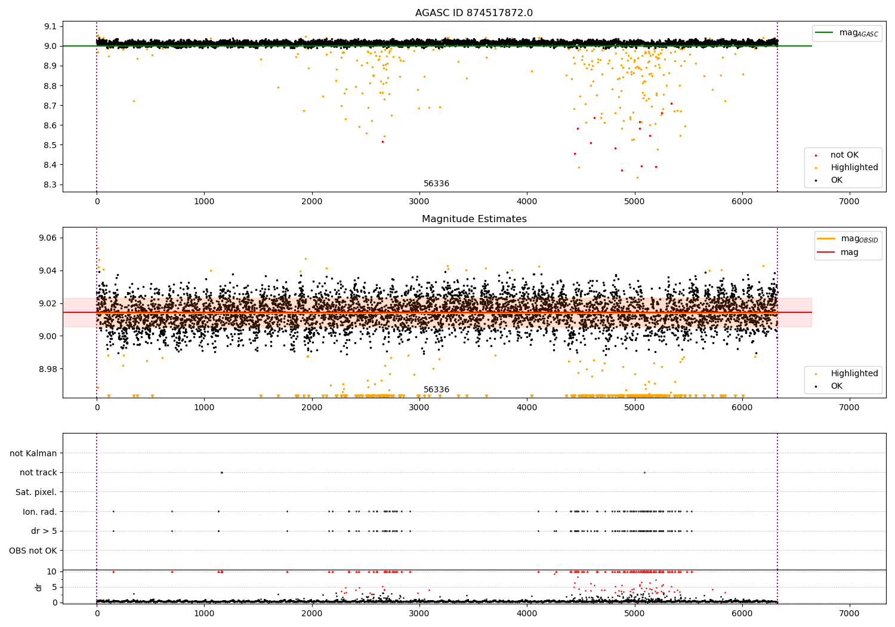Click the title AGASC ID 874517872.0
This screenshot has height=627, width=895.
tap(474, 13)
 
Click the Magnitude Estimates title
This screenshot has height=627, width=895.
tap(474, 219)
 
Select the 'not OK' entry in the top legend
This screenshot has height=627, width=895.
tap(844, 155)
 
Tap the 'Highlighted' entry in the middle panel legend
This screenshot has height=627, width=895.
tap(854, 374)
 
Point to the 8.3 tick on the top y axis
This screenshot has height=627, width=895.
tap(51, 185)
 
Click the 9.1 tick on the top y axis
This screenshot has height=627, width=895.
tap(51, 26)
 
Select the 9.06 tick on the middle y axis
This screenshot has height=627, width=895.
tap(48, 238)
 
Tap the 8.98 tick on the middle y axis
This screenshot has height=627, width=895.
tap(48, 369)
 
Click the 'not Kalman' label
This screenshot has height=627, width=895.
tap(33, 453)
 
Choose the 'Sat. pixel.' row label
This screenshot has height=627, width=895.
tap(36, 492)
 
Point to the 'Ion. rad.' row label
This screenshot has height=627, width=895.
tap(39, 512)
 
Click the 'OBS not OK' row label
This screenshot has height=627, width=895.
tap(33, 551)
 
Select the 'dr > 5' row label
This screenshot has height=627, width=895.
tap(44, 531)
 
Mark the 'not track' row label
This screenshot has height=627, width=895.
tap(38, 473)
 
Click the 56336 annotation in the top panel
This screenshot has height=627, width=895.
tap(436, 184)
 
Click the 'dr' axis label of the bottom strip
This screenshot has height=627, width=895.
tap(39, 587)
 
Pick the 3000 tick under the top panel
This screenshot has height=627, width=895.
tap(419, 202)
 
